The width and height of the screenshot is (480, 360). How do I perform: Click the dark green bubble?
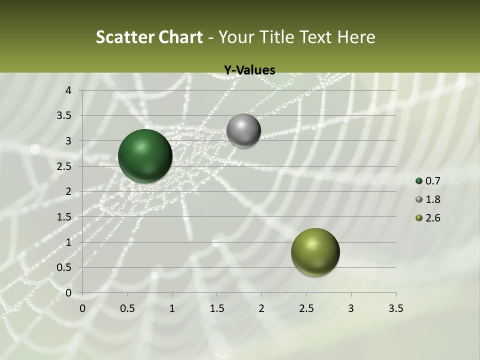point(145,156)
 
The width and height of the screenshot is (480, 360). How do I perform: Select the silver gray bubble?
point(243,131)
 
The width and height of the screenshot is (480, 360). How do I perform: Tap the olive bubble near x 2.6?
point(315,252)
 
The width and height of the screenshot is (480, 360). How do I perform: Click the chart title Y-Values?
point(249,70)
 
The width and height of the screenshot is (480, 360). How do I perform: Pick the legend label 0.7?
point(433,181)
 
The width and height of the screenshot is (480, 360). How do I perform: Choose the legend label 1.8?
point(433,199)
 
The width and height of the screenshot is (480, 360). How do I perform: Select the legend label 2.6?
point(433,218)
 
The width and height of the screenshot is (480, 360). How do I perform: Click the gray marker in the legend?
point(419,199)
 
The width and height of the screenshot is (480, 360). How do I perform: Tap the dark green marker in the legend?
point(419,181)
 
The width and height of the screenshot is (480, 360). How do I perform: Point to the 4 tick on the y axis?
point(69,90)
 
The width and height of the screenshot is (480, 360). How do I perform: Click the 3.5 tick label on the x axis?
point(395,308)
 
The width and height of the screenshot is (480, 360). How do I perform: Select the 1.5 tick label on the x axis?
point(216,308)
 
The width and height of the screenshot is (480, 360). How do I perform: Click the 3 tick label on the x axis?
point(350,308)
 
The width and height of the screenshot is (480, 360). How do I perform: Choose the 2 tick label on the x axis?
point(261,308)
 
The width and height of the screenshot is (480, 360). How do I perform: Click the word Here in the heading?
point(356,37)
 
